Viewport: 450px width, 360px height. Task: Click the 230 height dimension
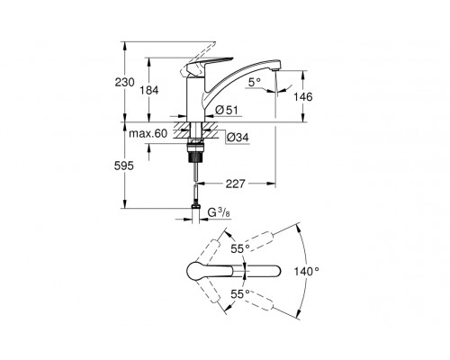click(x=125, y=82)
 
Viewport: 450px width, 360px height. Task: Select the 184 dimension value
click(x=149, y=90)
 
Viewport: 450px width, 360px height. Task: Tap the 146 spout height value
click(x=303, y=97)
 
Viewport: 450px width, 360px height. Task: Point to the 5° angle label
click(x=255, y=82)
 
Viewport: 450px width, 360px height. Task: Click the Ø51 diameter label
click(x=227, y=110)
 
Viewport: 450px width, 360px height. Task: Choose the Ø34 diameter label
click(x=238, y=138)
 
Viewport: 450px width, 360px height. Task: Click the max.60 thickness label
click(x=148, y=133)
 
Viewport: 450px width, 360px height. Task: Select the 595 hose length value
click(x=124, y=166)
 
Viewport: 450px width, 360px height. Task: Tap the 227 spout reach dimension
click(x=236, y=184)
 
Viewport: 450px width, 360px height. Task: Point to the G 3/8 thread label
click(x=219, y=212)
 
